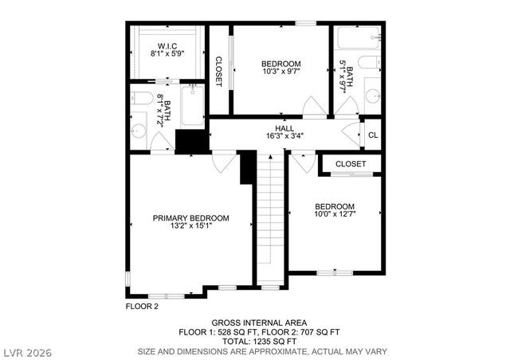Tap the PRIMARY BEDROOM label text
pyautogui.click(x=191, y=217)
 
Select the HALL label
pyautogui.click(x=284, y=127)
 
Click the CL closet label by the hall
pyautogui.click(x=372, y=135)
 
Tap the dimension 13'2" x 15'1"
pyautogui.click(x=191, y=226)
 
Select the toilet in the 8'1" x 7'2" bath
pyautogui.click(x=141, y=99)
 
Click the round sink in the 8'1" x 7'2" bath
pyautogui.click(x=140, y=130)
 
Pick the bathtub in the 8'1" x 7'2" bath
pyautogui.click(x=192, y=107)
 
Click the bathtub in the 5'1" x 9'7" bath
pyautogui.click(x=356, y=38)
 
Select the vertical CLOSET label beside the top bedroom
pyautogui.click(x=219, y=71)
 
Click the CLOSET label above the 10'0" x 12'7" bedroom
pyautogui.click(x=351, y=164)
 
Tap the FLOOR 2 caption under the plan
pyautogui.click(x=142, y=306)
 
